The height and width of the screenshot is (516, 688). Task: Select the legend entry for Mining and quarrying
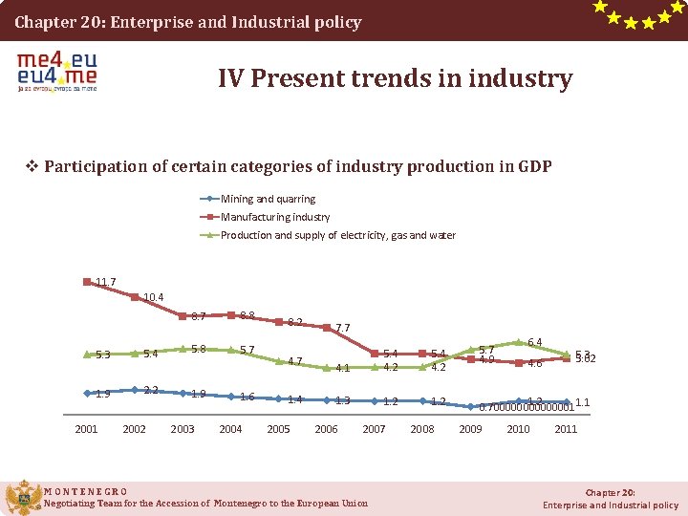pyautogui.click(x=268, y=199)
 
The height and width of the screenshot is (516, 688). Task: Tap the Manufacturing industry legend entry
pyautogui.click(x=275, y=217)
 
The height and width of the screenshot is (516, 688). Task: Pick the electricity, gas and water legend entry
pyautogui.click(x=337, y=235)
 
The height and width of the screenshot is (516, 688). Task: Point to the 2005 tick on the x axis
pyautogui.click(x=278, y=429)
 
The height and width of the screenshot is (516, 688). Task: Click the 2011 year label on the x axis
pyautogui.click(x=566, y=429)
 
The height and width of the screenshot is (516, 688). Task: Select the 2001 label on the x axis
pyautogui.click(x=86, y=429)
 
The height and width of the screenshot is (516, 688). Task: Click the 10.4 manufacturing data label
pyautogui.click(x=153, y=298)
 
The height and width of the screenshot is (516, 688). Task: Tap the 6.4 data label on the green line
pyautogui.click(x=535, y=342)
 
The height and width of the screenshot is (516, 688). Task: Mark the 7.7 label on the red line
pyautogui.click(x=343, y=328)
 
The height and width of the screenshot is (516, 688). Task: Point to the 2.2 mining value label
pyautogui.click(x=151, y=390)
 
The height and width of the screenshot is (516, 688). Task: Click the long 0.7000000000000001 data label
pyautogui.click(x=526, y=407)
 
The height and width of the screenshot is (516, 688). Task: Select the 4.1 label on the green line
pyautogui.click(x=344, y=368)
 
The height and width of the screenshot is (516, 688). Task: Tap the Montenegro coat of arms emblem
pyautogui.click(x=23, y=497)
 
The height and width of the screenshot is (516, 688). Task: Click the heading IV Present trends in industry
pyautogui.click(x=395, y=78)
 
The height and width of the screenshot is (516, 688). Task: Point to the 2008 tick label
pyautogui.click(x=421, y=429)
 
